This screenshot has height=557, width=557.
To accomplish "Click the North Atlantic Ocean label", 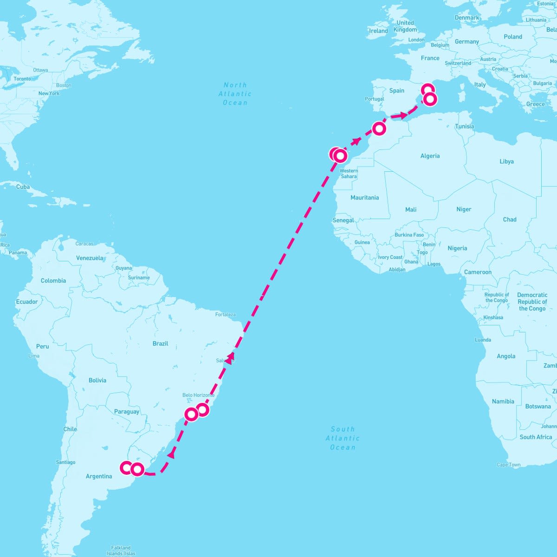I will click(x=235, y=94).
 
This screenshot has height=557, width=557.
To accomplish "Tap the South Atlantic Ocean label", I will click(x=343, y=438).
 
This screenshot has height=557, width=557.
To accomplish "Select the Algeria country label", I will click(x=430, y=156).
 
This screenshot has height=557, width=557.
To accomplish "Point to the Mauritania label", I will click(x=364, y=198).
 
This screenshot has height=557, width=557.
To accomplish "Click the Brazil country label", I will click(x=160, y=343).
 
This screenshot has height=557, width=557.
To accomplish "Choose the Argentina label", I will click(x=99, y=476).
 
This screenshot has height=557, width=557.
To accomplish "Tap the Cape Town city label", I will click(x=508, y=465).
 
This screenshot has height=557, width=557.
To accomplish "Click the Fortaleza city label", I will click(x=226, y=315).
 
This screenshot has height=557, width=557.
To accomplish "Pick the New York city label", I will click(x=49, y=93).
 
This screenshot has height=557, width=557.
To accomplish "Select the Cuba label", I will click(x=23, y=187).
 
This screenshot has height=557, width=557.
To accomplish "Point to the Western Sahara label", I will click(x=349, y=174).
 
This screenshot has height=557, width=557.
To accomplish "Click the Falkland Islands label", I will click(x=121, y=551).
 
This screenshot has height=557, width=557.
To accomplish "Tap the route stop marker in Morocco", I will click(x=379, y=128).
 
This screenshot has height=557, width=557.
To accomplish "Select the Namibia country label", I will click(x=503, y=402).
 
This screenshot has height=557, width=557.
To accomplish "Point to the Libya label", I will click(x=506, y=162).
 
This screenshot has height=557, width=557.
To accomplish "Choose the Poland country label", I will click(x=513, y=37).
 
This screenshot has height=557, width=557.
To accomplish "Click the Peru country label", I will click(x=42, y=346).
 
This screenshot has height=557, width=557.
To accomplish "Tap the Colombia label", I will click(x=53, y=281).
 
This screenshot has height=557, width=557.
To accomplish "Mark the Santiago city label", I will click(x=65, y=462).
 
